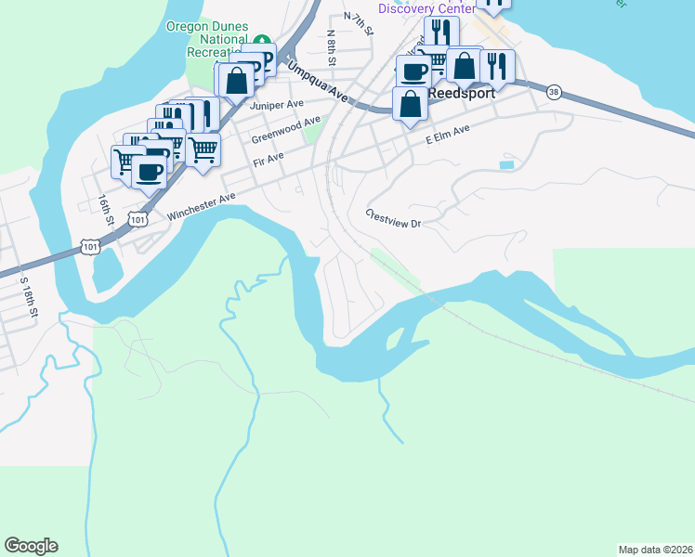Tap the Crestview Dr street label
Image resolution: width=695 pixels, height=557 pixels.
[394, 218]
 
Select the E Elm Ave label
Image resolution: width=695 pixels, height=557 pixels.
[448, 138]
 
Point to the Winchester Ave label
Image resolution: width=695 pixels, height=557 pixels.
[203, 206]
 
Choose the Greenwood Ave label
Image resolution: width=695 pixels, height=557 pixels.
[285, 131]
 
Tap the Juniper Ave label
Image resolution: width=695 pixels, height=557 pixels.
[271, 106]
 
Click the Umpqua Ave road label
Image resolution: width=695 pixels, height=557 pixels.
[317, 82]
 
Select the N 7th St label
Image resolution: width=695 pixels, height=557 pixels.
[358, 23]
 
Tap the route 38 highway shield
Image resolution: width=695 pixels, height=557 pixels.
[555, 91]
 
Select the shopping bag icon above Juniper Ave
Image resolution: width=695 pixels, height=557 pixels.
[237, 80]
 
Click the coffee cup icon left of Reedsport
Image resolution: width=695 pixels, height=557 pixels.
[413, 71]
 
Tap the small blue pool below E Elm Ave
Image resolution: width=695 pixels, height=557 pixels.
[505, 164]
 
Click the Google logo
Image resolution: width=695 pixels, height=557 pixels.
[31, 546]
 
